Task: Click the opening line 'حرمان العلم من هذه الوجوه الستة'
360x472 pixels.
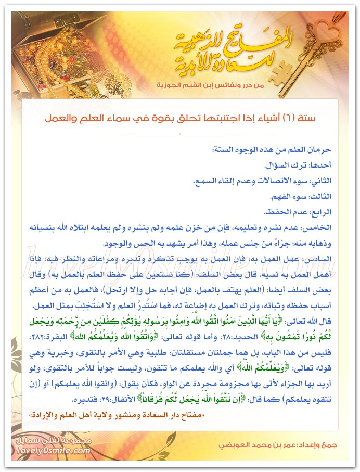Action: tap(271, 149)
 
